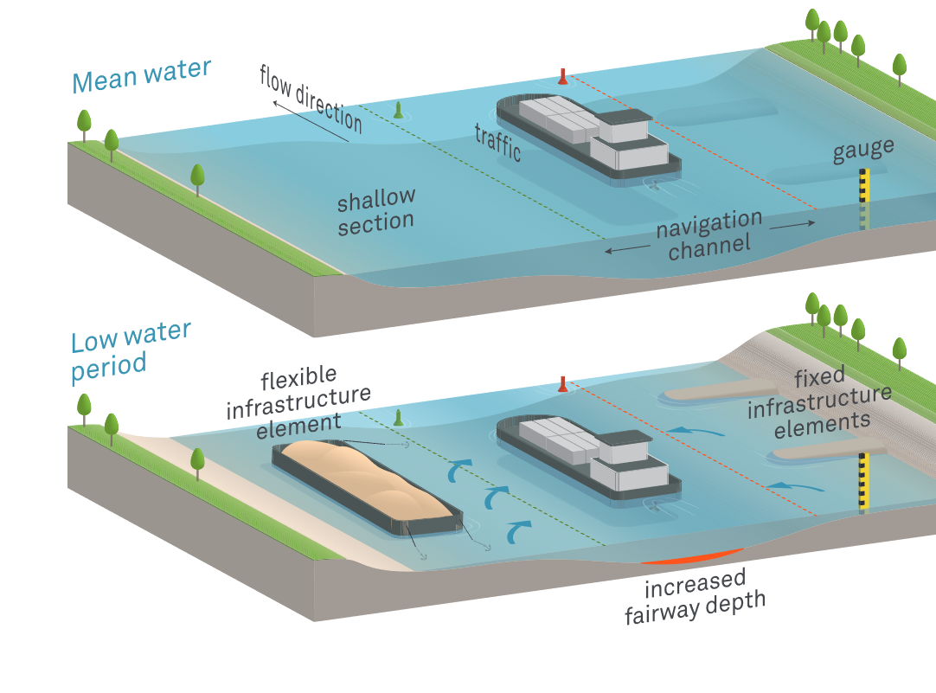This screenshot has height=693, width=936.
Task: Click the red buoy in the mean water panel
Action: click(563, 77)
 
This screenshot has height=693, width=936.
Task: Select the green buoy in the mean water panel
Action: click(399, 111)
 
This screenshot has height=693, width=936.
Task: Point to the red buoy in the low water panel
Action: click(563, 383)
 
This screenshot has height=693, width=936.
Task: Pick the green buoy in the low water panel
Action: click(399, 418)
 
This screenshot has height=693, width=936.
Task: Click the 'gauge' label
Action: click(862, 151)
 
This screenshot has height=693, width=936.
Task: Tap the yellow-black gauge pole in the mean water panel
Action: click(863, 187)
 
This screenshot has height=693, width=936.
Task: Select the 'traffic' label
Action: click(497, 142)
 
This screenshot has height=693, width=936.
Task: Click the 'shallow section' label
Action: click(376, 211)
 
